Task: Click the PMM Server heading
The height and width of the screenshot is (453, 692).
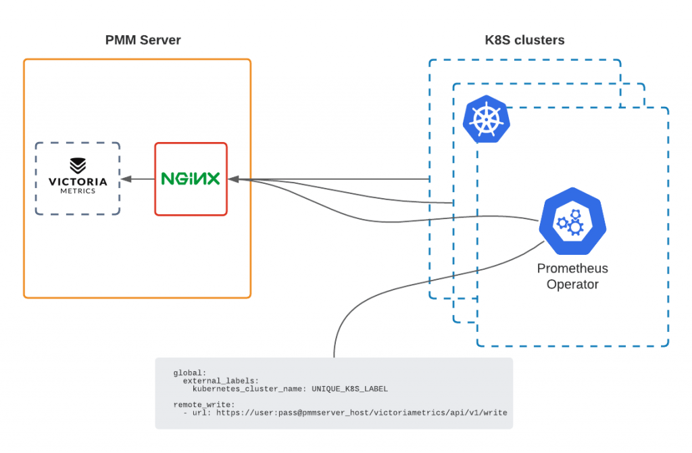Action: point(143,40)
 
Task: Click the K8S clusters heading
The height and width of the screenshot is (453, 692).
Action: point(524,40)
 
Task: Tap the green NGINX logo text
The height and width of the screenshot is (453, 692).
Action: point(191,179)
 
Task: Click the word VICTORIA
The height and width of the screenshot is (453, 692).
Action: point(78,182)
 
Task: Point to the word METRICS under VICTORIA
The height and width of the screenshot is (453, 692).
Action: point(78,191)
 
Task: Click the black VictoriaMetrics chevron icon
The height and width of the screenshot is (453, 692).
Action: point(78,166)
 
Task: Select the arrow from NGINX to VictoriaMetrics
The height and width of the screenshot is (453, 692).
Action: point(138,179)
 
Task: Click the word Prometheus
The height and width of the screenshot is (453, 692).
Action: point(572,269)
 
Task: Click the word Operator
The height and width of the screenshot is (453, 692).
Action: point(572,285)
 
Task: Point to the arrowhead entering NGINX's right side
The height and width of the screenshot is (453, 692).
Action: point(232,179)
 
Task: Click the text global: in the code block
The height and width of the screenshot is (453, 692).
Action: point(191,373)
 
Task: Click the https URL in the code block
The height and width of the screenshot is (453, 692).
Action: point(362,412)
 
